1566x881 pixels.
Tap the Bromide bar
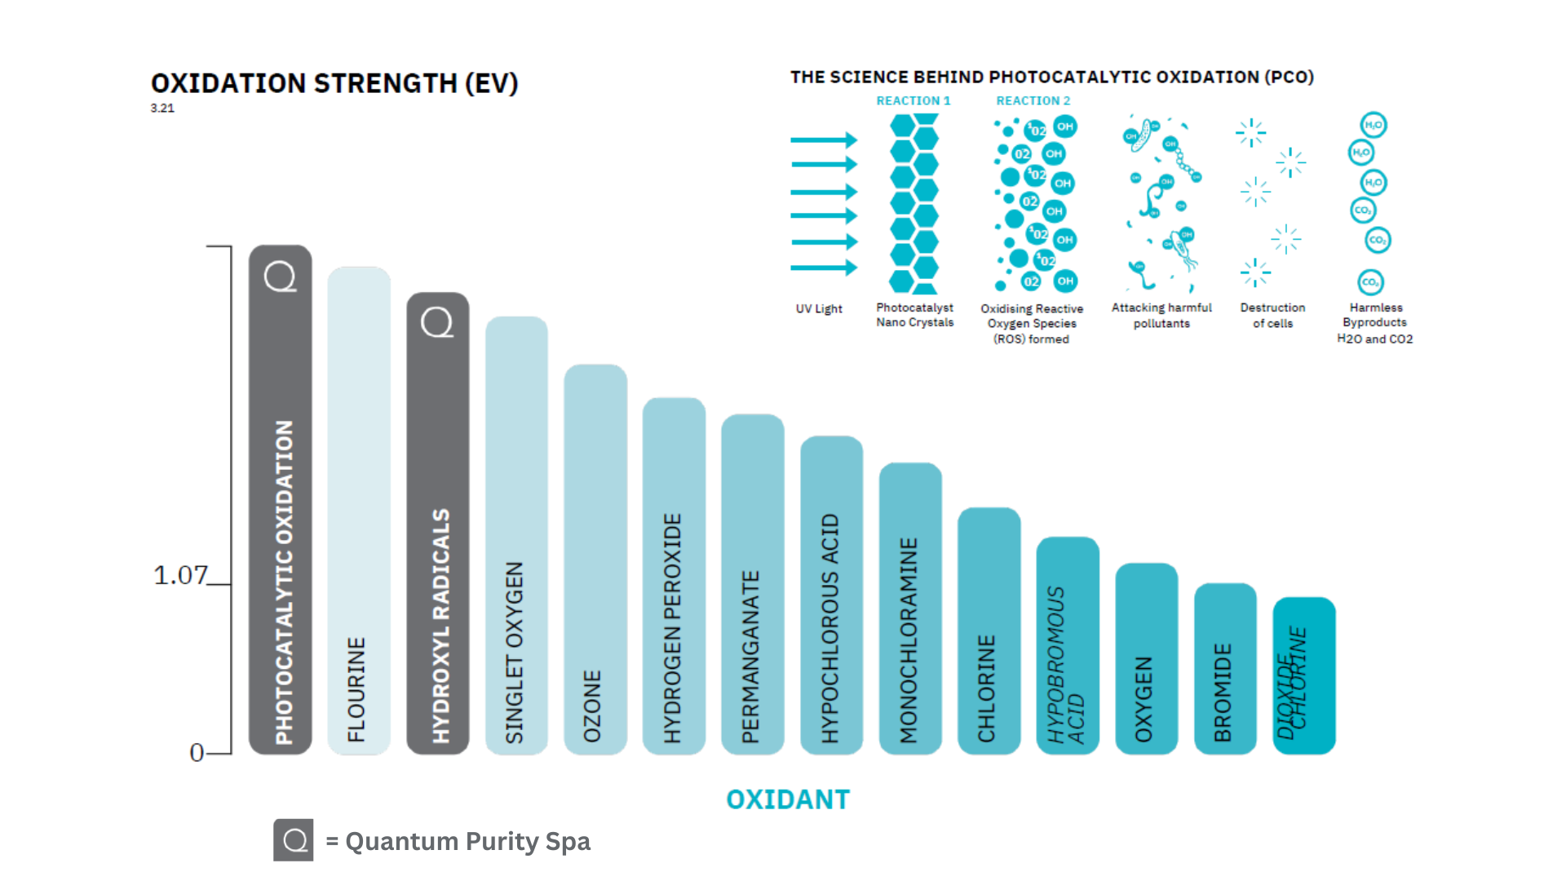click(1225, 668)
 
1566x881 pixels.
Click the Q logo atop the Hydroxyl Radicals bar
click(437, 322)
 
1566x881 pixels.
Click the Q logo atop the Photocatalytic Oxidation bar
click(280, 277)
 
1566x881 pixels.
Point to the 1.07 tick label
click(180, 575)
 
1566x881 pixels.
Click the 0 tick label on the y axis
click(197, 752)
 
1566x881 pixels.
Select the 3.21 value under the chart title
click(162, 108)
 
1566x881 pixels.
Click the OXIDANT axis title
click(788, 799)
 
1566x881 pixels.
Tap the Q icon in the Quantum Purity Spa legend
click(294, 840)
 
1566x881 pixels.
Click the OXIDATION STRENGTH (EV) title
click(334, 83)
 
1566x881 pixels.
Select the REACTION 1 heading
click(913, 100)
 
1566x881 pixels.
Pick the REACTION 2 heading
click(1033, 100)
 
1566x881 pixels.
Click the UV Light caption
click(819, 308)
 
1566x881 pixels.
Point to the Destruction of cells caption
click(1272, 315)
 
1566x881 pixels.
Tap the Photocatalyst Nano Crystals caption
click(914, 315)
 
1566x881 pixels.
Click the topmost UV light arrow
click(824, 140)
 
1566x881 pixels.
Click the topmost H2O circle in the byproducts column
click(1374, 125)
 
